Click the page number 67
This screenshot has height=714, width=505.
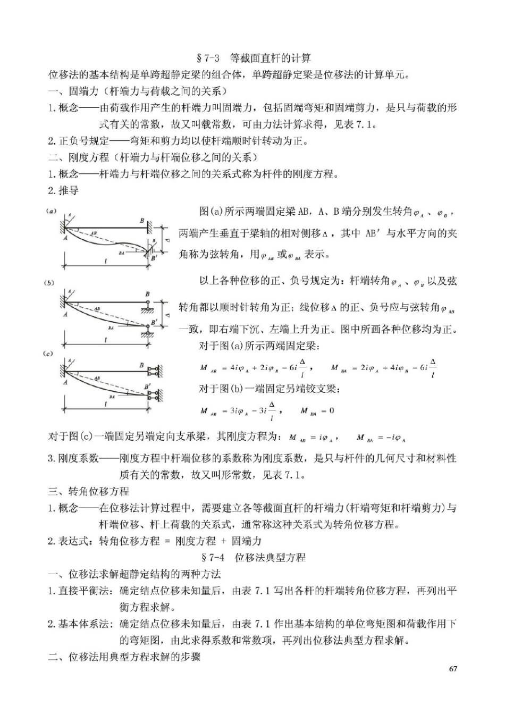tap(453, 669)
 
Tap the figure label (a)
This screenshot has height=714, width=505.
tap(51, 211)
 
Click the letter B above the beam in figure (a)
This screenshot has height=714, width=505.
tap(142, 220)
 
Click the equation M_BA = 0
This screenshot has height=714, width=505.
tap(317, 410)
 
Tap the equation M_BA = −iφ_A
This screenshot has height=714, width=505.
tap(382, 438)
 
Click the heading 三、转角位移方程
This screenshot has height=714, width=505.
tap(88, 491)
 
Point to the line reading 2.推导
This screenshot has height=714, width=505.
tap(63, 190)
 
